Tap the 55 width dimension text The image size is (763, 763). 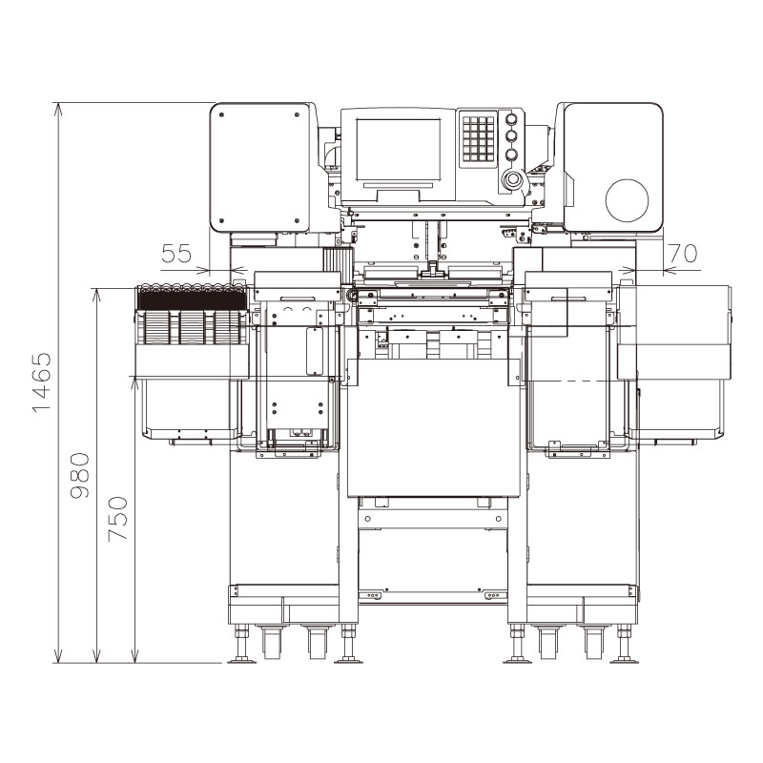click(x=175, y=255)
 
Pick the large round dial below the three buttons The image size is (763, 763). click(x=512, y=179)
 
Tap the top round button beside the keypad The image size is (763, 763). click(x=511, y=120)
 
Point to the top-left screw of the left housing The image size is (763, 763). click(x=221, y=114)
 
